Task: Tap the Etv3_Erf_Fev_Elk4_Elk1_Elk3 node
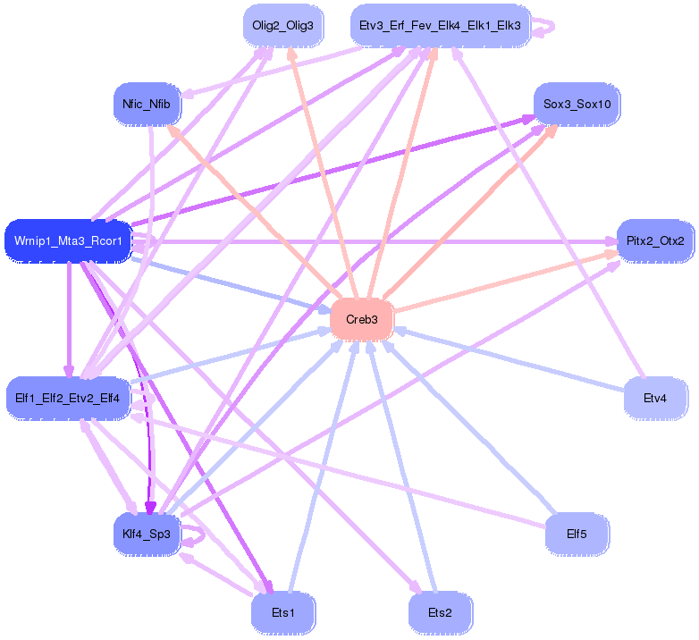[x=439, y=26]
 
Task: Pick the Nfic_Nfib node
[x=147, y=105]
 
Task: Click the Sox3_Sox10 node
[x=577, y=105]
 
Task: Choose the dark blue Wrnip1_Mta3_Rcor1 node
[x=68, y=241]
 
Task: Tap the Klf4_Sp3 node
[x=147, y=535]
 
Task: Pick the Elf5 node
[x=577, y=535]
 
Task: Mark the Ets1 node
[x=282, y=613]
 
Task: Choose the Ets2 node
[x=440, y=613]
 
